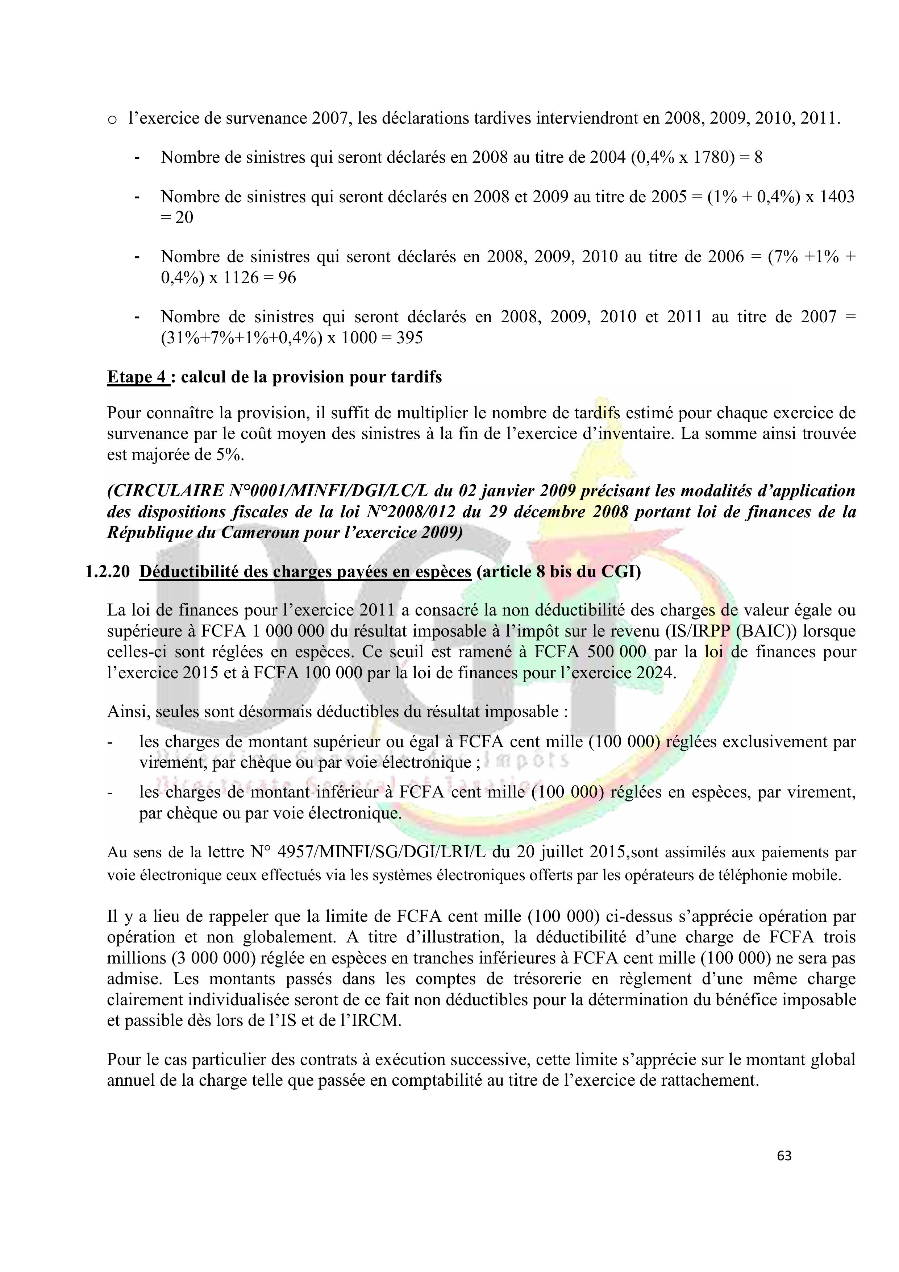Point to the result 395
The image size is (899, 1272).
pos(409,337)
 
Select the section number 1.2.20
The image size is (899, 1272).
pos(107,572)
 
